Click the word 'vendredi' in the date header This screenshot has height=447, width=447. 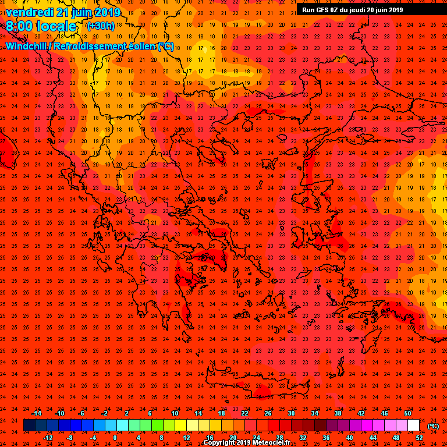point(29,12)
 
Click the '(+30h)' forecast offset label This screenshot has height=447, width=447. point(101,25)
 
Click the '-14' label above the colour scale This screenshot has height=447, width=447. point(36,413)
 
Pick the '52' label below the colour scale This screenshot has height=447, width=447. point(419,437)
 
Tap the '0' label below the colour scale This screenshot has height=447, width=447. point(115,437)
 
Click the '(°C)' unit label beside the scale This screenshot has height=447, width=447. point(433,426)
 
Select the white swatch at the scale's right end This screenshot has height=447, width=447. point(413,425)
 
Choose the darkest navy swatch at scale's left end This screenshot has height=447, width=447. point(29,425)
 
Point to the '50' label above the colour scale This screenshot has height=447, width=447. point(407,413)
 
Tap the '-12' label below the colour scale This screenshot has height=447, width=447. point(48,437)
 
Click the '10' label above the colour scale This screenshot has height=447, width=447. point(175,413)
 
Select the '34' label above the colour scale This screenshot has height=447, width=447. point(314,413)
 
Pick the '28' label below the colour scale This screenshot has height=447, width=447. point(279,437)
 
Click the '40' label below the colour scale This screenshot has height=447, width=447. point(349,437)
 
